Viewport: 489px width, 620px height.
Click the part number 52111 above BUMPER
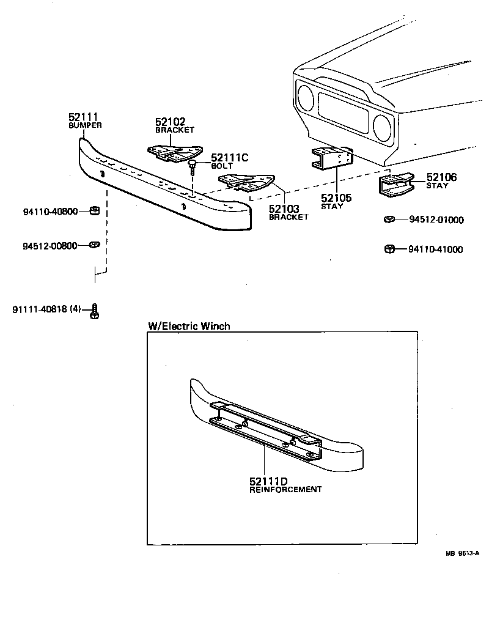click(83, 117)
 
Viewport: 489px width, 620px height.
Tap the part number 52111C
click(229, 158)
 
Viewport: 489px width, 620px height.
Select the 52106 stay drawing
click(395, 185)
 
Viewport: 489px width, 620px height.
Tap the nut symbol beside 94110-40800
click(94, 212)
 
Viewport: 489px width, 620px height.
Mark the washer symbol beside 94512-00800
click(93, 245)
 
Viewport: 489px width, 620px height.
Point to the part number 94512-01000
click(436, 220)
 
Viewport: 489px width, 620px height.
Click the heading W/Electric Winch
click(189, 326)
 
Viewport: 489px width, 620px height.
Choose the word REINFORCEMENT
click(285, 489)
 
